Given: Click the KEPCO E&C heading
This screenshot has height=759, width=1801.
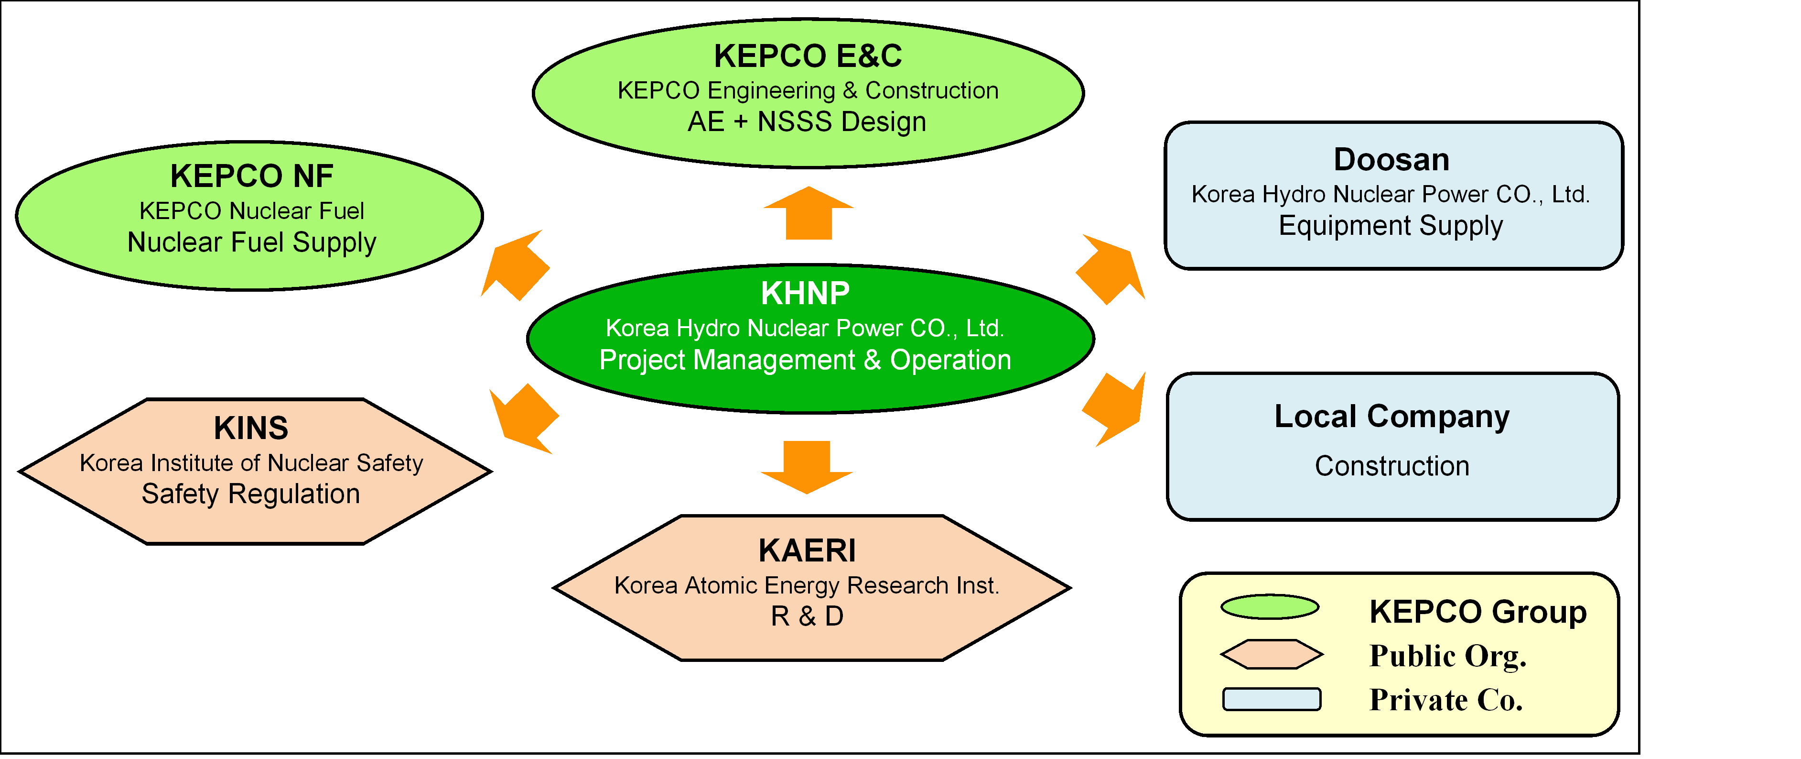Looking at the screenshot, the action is point(808,56).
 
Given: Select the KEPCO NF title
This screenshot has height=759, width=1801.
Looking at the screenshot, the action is point(252,176).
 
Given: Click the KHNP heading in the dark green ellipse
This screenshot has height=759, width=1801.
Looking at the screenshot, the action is point(806,293).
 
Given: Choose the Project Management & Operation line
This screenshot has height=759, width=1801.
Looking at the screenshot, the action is point(806,360).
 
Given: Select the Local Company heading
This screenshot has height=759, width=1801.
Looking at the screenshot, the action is point(1391,417).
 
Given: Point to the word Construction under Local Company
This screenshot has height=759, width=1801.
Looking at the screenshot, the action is point(1392,466).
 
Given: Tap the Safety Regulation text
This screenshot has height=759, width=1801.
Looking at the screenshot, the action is point(251,495).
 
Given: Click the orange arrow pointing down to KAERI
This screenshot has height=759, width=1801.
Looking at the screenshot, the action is point(807,467).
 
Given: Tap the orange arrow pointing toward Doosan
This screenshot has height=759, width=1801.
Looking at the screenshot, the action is point(1110,269).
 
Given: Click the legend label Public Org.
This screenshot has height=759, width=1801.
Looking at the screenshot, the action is point(1448,656).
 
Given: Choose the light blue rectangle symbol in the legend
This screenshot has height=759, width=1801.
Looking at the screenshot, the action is point(1272,700).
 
